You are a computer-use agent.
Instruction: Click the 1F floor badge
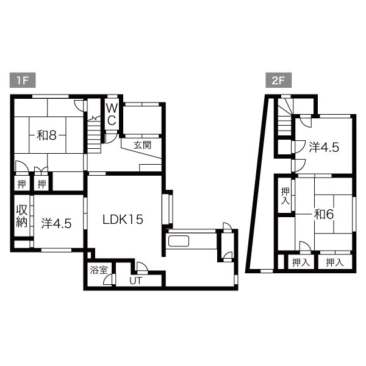click(x=23, y=81)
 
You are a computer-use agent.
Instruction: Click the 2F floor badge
click(x=279, y=81)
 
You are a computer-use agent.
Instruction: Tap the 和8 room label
click(x=47, y=135)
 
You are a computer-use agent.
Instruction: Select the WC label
click(x=112, y=115)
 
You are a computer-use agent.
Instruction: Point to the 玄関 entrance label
click(x=142, y=145)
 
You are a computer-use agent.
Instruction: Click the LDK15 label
click(x=123, y=220)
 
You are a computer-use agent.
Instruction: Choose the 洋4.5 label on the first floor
click(x=56, y=224)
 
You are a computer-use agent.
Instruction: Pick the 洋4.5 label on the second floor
click(x=324, y=148)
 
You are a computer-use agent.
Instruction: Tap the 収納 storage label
click(x=22, y=216)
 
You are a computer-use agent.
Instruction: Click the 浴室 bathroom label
click(x=99, y=270)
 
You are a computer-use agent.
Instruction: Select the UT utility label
click(x=135, y=281)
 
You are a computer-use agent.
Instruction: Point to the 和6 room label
click(x=324, y=214)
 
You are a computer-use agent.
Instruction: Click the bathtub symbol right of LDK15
click(x=179, y=241)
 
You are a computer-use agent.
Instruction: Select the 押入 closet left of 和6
click(x=285, y=196)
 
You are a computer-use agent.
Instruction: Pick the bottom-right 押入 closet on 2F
click(x=335, y=262)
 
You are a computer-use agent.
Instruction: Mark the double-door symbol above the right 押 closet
click(x=41, y=170)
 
